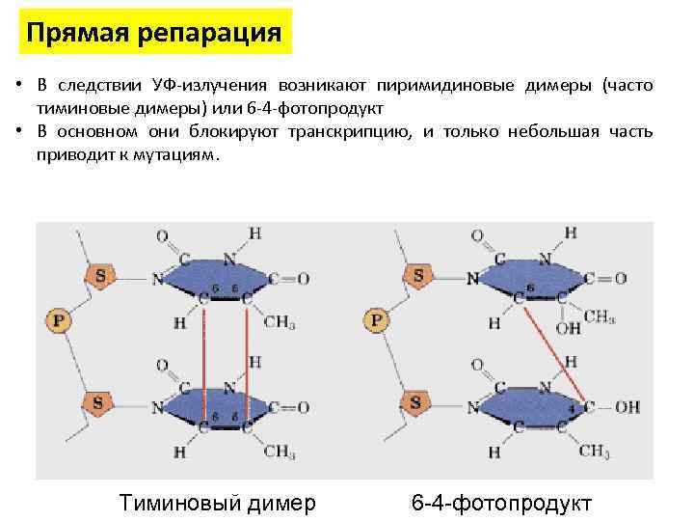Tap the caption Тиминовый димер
coord(216,502)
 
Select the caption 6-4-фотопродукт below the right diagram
coord(501,502)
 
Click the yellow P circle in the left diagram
coord(59,320)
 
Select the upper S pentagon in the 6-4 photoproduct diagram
coord(417,277)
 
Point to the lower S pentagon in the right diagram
coord(417,400)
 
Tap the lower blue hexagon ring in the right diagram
coord(537,403)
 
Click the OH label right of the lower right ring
coord(627,407)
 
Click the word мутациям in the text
coord(175,151)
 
